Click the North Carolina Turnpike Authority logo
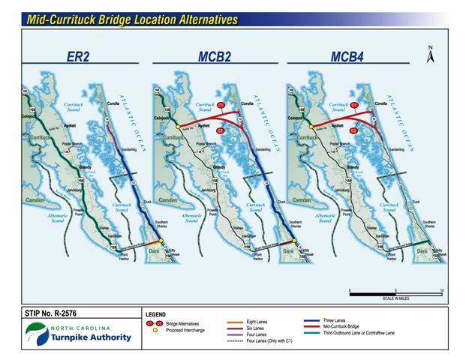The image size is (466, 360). point(78,332)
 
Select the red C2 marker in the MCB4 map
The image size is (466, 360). point(353,131)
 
